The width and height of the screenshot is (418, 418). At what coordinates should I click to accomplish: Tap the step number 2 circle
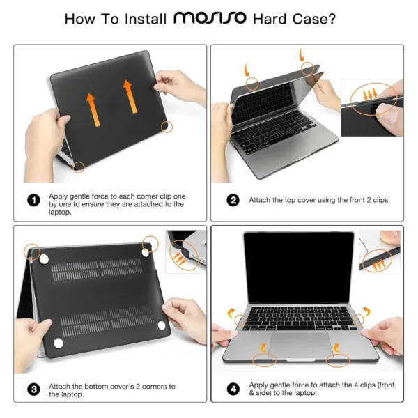click(x=233, y=200)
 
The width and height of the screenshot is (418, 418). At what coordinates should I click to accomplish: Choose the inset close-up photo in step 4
click(x=380, y=250)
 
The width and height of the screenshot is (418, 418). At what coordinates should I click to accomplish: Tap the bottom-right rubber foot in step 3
click(x=162, y=325)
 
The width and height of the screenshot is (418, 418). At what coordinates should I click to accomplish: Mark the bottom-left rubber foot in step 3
click(x=55, y=341)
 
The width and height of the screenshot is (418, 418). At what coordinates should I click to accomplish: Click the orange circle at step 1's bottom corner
click(x=79, y=167)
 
